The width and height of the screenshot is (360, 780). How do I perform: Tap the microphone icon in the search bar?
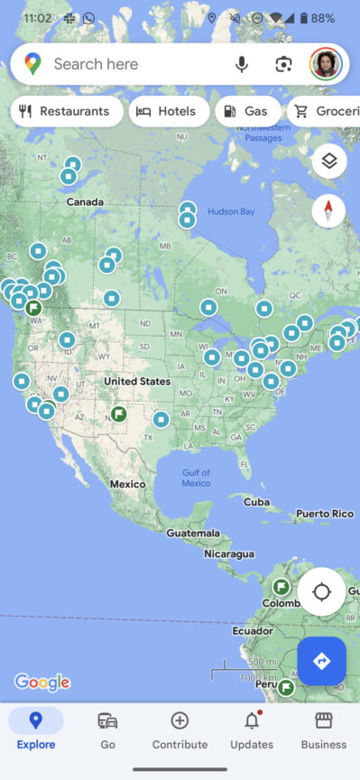(x=242, y=64)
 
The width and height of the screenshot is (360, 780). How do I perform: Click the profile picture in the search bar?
(x=325, y=64)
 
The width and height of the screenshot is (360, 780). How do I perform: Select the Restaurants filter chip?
(x=67, y=112)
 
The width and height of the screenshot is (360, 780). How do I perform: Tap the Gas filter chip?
(x=245, y=112)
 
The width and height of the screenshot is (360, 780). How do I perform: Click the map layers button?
(x=329, y=162)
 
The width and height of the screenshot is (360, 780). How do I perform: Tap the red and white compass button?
(x=328, y=210)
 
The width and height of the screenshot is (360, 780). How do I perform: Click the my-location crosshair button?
(x=321, y=592)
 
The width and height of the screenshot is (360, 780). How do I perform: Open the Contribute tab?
(x=180, y=729)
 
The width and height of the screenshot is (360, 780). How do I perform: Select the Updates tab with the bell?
(x=252, y=729)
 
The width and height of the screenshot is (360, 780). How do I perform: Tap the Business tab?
(x=323, y=729)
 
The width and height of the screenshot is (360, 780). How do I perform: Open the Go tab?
(x=107, y=729)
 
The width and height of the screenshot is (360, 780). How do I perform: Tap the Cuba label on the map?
(x=256, y=502)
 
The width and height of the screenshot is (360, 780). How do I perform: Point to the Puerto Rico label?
(x=325, y=514)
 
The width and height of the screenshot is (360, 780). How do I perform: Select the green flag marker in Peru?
(x=286, y=688)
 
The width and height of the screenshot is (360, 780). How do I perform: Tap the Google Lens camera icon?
(x=284, y=64)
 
